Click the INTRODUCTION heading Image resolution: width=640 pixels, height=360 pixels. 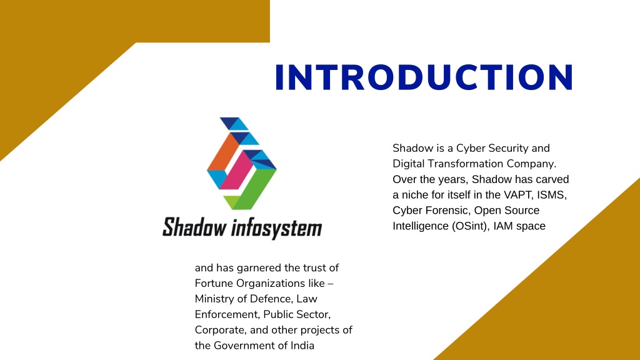point(424,77)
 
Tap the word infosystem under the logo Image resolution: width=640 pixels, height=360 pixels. point(276,227)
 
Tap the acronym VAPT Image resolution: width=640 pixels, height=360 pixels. point(518,195)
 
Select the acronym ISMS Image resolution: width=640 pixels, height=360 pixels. point(552,195)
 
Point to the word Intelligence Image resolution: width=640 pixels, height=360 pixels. point(421,226)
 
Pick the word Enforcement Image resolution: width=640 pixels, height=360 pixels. point(227,315)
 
